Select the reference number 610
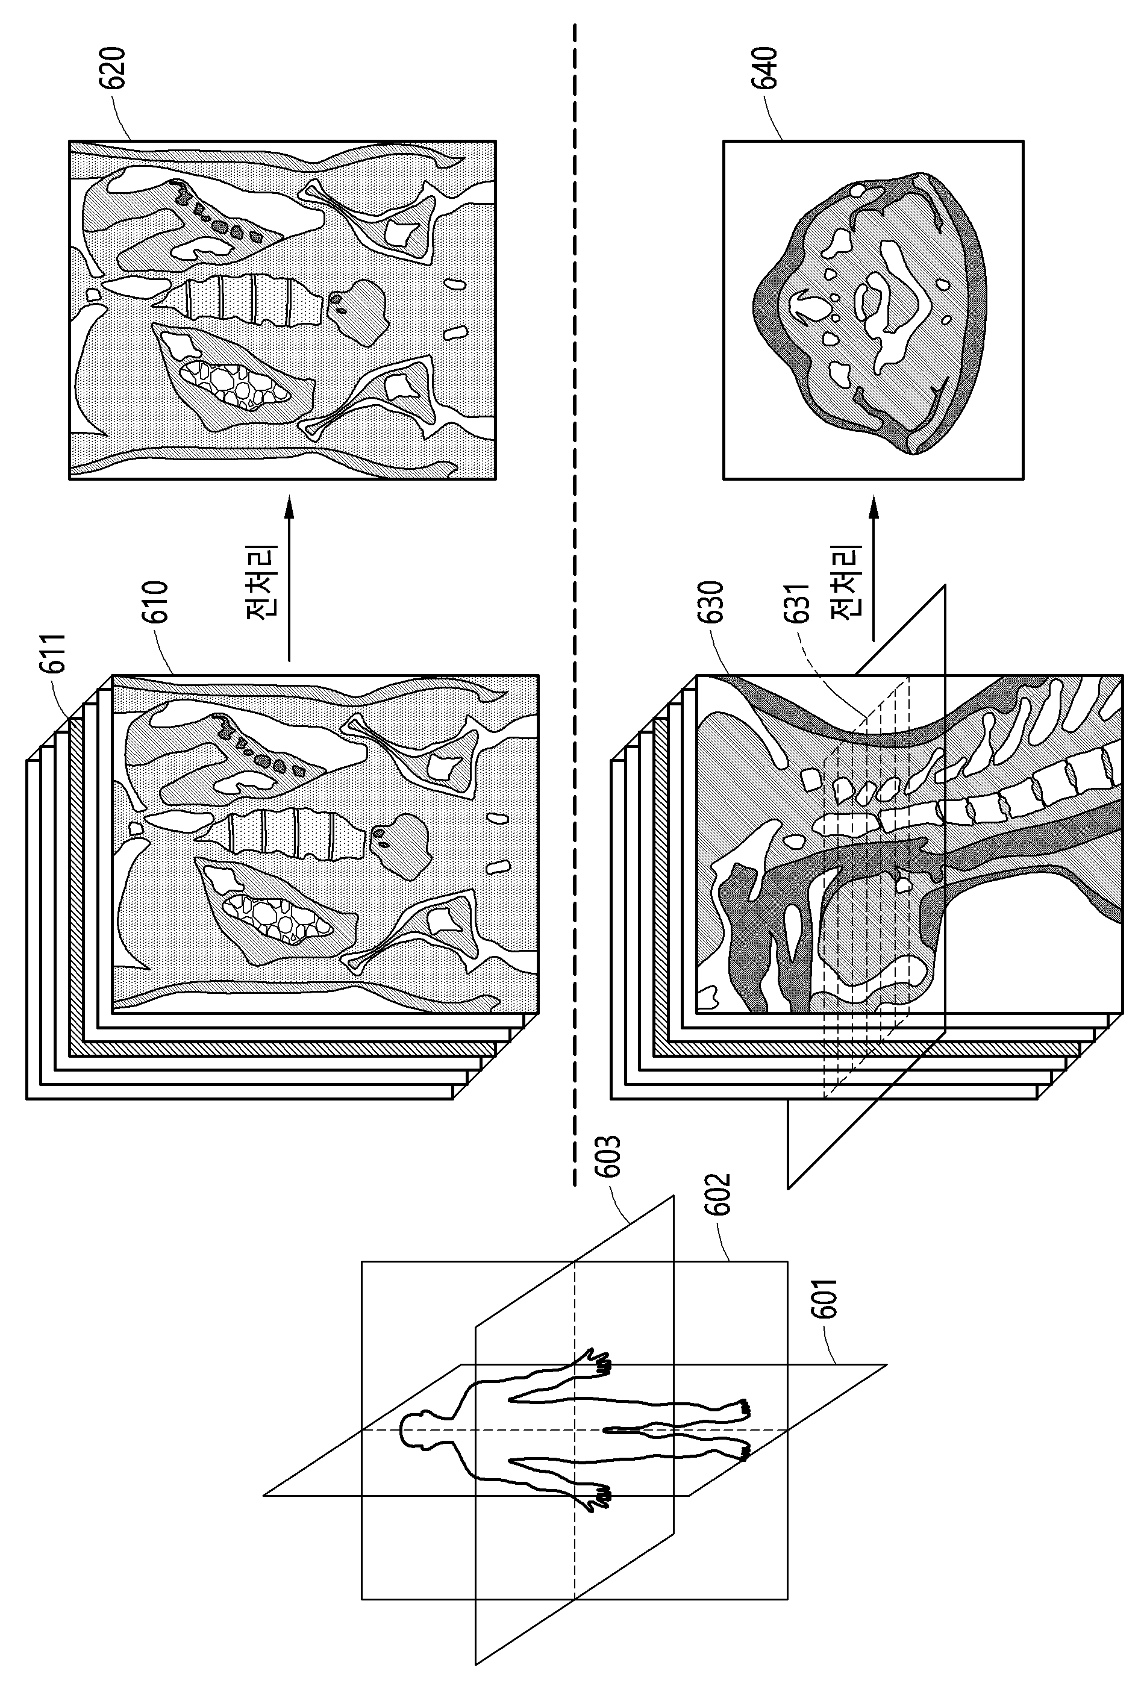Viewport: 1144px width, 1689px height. point(155,602)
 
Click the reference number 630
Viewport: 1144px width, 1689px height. point(710,602)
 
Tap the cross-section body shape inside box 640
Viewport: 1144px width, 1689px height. point(869,313)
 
